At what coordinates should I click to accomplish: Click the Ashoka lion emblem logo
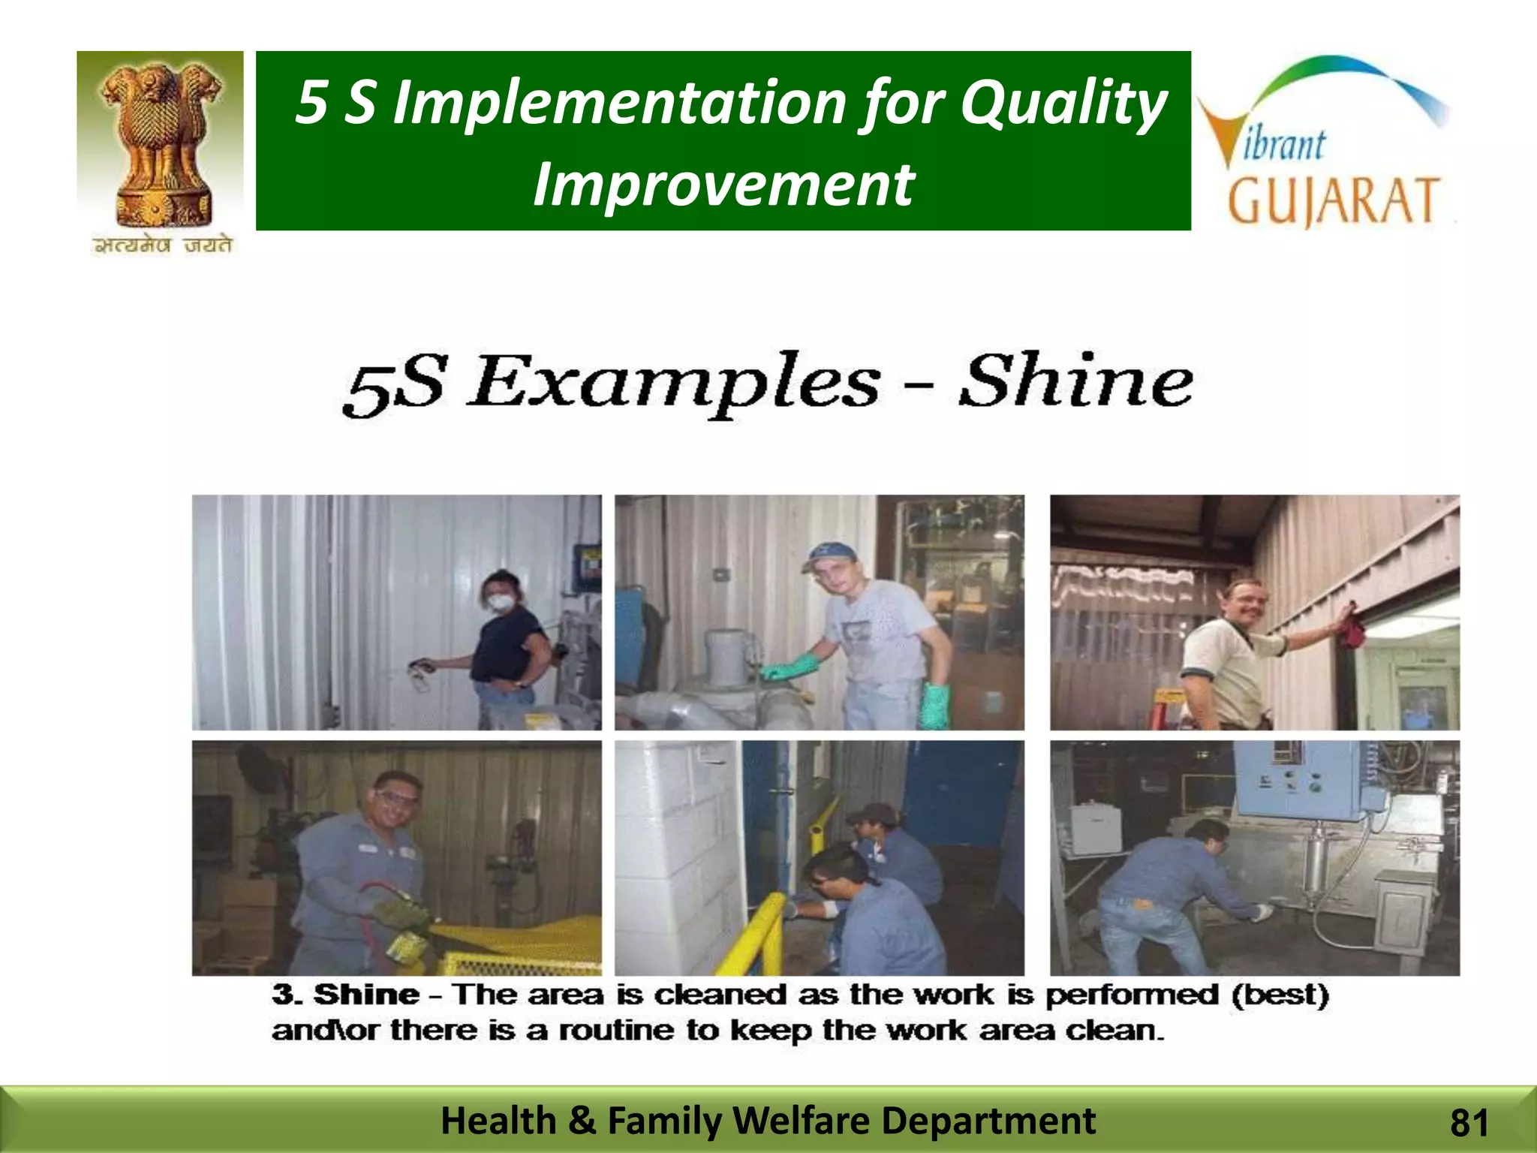[161, 143]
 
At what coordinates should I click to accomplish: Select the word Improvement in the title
[723, 185]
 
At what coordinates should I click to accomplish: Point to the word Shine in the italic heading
[1075, 381]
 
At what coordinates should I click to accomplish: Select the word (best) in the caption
[1280, 995]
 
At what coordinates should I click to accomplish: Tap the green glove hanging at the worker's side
[935, 706]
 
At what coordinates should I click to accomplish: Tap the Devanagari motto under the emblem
[162, 245]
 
